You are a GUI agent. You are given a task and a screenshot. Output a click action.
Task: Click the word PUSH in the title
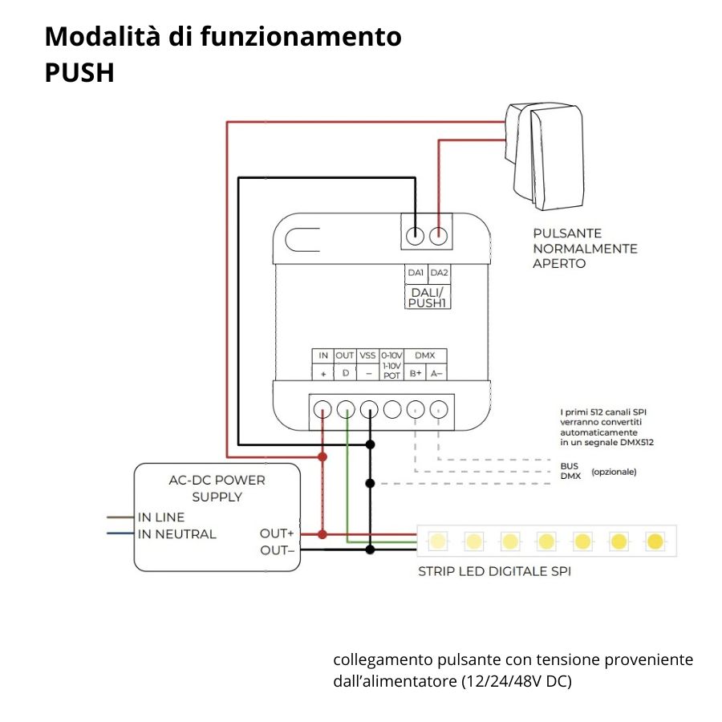[79, 73]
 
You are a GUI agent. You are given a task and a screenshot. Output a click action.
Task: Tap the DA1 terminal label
[415, 273]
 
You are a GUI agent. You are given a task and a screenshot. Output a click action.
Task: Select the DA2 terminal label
[439, 273]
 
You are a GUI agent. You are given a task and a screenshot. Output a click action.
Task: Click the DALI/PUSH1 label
[427, 298]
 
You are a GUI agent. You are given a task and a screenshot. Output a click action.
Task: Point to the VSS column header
[367, 355]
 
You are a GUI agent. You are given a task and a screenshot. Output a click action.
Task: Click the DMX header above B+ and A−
[424, 355]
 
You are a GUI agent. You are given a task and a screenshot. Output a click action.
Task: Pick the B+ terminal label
[415, 373]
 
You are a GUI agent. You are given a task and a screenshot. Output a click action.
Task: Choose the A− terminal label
[436, 373]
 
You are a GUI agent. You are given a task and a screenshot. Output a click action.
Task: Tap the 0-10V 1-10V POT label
[391, 365]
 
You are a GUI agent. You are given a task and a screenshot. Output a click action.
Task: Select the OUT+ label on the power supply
[277, 533]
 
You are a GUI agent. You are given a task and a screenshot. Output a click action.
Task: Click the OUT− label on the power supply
[277, 550]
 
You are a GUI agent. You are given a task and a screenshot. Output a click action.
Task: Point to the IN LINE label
[161, 517]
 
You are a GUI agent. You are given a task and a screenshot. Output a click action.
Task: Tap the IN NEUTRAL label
[176, 534]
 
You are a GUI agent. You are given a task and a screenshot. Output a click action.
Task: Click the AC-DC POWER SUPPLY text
[217, 489]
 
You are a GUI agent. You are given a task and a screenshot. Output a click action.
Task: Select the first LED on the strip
[437, 541]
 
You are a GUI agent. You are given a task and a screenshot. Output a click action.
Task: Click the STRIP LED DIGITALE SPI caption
[494, 572]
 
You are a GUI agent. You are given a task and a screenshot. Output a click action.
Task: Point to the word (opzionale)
[614, 472]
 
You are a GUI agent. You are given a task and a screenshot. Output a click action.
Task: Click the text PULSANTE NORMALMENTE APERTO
[585, 248]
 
